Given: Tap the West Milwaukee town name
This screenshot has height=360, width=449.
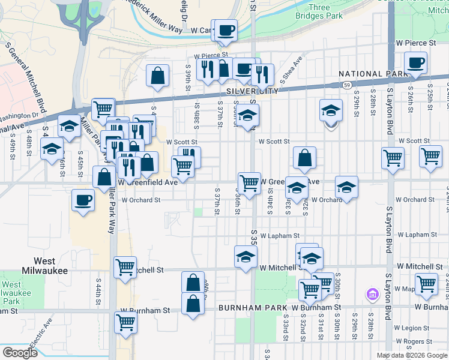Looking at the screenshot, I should pyautogui.click(x=46, y=266).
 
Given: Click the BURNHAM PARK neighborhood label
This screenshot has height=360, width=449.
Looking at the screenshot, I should pyautogui.click(x=253, y=308).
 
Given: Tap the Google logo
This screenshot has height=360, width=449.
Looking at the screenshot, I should pyautogui.click(x=20, y=353).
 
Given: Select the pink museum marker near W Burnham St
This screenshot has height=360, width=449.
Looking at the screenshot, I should pyautogui.click(x=372, y=295).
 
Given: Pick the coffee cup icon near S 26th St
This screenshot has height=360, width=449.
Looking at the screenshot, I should pyautogui.click(x=415, y=62).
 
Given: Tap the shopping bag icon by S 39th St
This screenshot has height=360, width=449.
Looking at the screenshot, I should pyautogui.click(x=157, y=76).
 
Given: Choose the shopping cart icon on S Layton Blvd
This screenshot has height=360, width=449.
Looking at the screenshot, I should pyautogui.click(x=393, y=158).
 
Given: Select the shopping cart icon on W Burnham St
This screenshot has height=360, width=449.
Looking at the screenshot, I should pyautogui.click(x=126, y=322).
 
